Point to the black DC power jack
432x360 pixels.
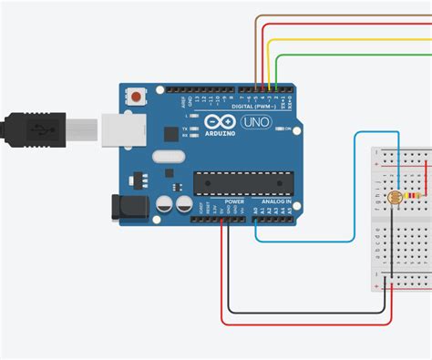pyautogui.click(x=128, y=206)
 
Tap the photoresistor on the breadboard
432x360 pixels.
pyautogui.click(x=394, y=198)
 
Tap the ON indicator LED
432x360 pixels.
pyautogui.click(x=278, y=129)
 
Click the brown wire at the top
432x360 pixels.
pyautogui.click(x=346, y=15)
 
